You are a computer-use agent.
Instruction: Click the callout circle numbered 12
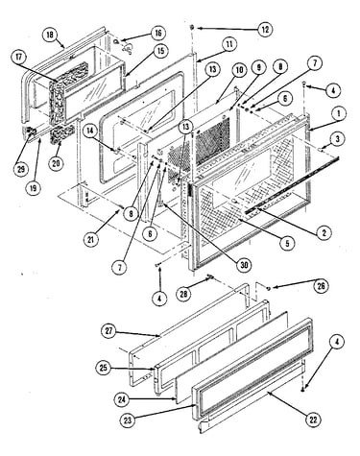(x=265, y=30)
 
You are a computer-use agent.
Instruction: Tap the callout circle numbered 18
(x=50, y=35)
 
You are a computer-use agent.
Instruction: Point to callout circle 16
(x=158, y=34)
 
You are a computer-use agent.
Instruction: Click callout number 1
(x=338, y=113)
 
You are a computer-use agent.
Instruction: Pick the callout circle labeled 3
(x=338, y=139)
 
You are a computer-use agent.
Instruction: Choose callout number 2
(x=324, y=232)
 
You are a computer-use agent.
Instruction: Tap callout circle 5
(x=287, y=242)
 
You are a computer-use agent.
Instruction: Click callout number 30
(x=244, y=265)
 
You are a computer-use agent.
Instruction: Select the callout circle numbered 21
(x=91, y=239)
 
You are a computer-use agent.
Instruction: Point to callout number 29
(x=21, y=169)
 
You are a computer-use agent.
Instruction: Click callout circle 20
(x=57, y=163)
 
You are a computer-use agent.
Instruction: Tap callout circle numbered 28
(x=184, y=294)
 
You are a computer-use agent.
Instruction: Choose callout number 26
(x=321, y=286)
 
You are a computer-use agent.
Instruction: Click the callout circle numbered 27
(x=109, y=330)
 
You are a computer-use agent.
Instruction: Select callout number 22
(x=313, y=419)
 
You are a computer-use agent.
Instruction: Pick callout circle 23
(x=128, y=420)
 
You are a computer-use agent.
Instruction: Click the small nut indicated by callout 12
(x=193, y=27)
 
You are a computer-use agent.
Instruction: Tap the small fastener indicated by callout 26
(x=268, y=289)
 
